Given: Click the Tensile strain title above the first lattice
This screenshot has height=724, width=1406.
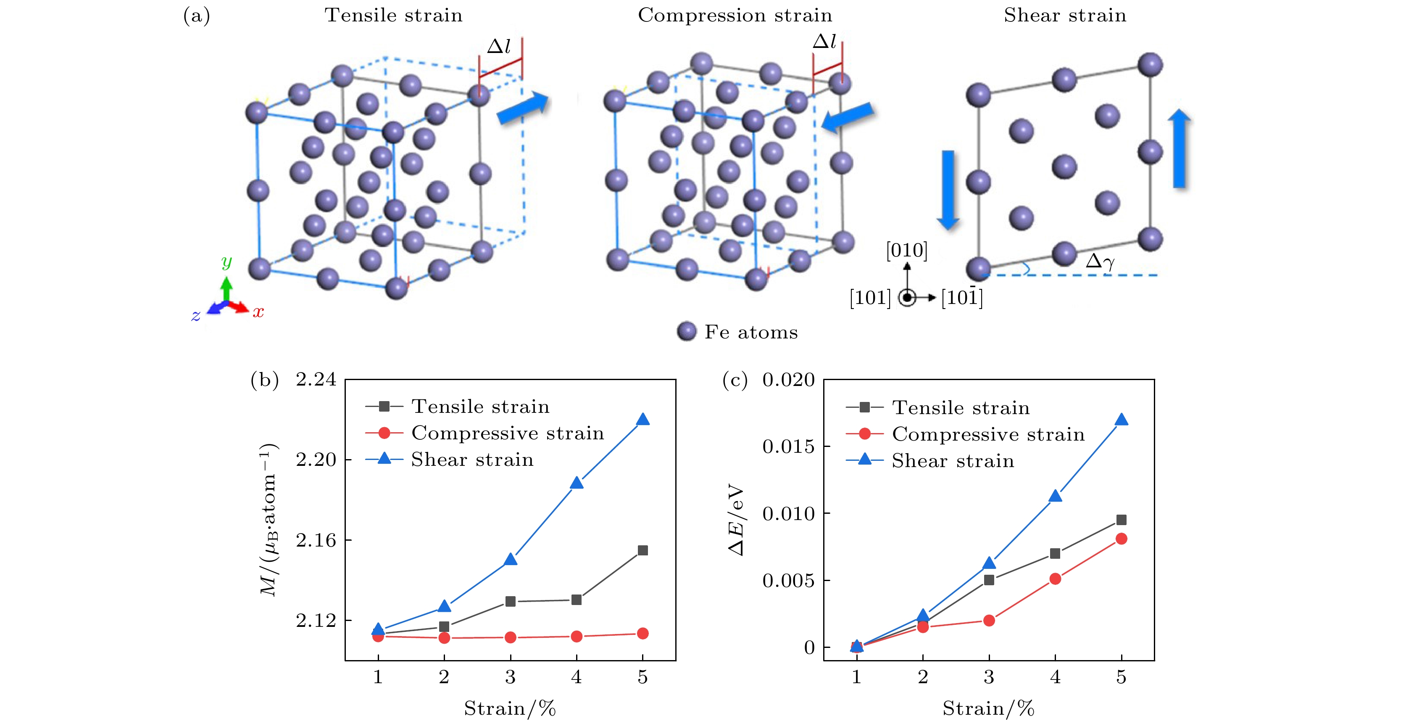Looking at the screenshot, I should pyautogui.click(x=394, y=15).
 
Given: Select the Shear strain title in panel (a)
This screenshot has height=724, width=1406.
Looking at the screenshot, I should pyautogui.click(x=1065, y=15).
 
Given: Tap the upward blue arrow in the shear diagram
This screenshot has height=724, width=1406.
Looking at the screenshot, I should pyautogui.click(x=1180, y=148).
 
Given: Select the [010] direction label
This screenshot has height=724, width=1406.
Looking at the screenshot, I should pyautogui.click(x=906, y=250).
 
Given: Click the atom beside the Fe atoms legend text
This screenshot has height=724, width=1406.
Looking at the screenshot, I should pyautogui.click(x=687, y=331).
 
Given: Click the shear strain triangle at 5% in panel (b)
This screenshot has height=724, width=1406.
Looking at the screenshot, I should pyautogui.click(x=643, y=419).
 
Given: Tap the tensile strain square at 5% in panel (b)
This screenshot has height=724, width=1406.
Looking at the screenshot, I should pyautogui.click(x=643, y=550).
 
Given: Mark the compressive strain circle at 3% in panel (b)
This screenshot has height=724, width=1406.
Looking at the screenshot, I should pyautogui.click(x=510, y=637).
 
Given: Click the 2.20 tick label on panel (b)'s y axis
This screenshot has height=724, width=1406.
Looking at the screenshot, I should pyautogui.click(x=316, y=460).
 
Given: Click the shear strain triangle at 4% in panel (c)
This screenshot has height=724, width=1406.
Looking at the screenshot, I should pyautogui.click(x=1055, y=496).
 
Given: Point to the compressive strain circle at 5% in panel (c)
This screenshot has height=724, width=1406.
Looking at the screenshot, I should pyautogui.click(x=1121, y=539).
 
